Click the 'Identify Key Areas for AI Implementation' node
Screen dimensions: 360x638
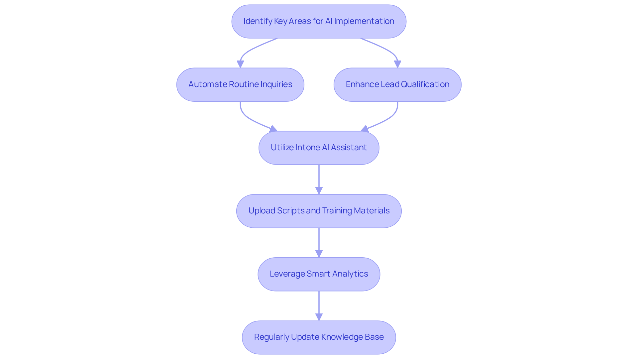319,21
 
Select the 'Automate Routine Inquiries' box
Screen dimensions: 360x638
240,84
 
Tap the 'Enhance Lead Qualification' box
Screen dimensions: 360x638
397,84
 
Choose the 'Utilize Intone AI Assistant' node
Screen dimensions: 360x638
319,148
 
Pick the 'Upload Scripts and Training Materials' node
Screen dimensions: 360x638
319,211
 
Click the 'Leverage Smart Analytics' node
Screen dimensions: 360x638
319,274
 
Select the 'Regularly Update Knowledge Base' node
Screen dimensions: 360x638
319,337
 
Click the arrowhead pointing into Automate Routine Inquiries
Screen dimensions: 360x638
240,64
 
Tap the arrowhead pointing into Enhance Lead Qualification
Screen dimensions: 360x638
397,64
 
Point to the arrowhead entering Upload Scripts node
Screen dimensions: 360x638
319,190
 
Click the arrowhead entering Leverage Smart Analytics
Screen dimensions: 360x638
319,254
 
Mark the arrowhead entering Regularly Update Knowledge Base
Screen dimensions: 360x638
319,317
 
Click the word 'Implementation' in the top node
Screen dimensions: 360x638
364,21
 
